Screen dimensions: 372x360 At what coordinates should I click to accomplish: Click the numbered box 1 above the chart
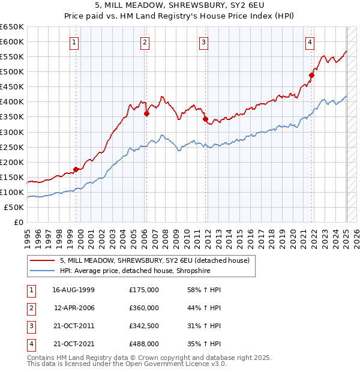pos(74,42)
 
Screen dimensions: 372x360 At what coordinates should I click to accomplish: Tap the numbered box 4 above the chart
pos(310,42)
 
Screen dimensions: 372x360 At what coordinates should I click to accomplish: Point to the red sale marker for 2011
pos(205,119)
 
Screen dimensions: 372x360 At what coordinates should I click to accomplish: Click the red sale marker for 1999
pos(76,169)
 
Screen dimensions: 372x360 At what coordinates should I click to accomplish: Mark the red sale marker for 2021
pos(312,75)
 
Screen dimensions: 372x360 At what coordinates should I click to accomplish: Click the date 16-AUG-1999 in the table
pos(74,290)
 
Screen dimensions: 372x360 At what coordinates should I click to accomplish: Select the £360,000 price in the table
pos(144,308)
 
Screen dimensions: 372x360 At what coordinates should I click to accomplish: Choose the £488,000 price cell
pos(144,344)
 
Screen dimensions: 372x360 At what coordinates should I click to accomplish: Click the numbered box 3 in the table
pos(30,326)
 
